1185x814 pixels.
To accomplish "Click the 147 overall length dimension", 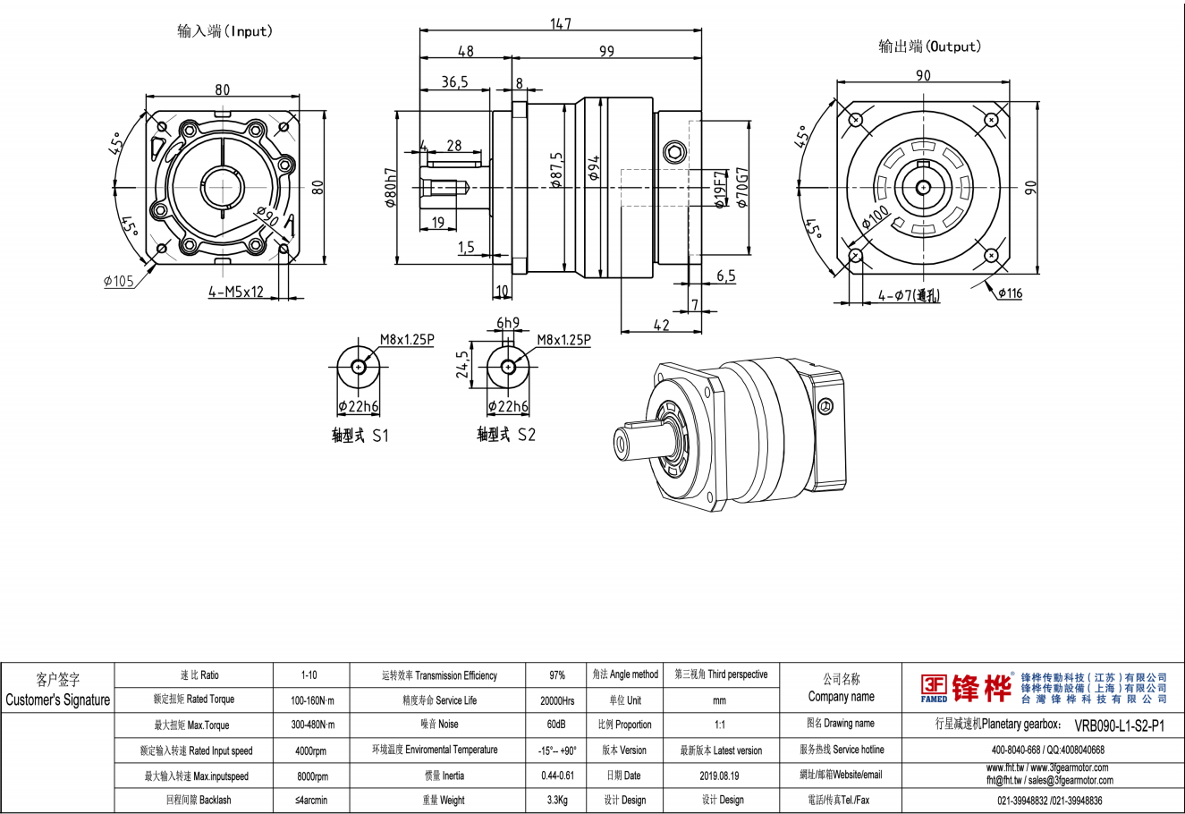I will click(x=560, y=23).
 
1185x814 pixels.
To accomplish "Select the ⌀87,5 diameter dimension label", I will click(x=556, y=170).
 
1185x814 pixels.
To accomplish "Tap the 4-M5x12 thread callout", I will click(x=235, y=291).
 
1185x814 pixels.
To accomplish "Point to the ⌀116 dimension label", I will click(x=1009, y=293).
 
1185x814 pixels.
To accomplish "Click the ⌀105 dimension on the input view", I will click(x=118, y=281).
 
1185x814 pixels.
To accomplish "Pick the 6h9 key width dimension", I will click(x=507, y=322).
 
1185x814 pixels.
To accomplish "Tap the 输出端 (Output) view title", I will click(x=930, y=47).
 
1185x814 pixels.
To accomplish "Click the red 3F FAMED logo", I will click(x=935, y=687).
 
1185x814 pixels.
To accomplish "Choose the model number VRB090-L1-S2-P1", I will click(x=1120, y=725).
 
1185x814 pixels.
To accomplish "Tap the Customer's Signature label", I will click(x=58, y=700).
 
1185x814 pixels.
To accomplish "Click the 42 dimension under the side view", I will click(x=661, y=326).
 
